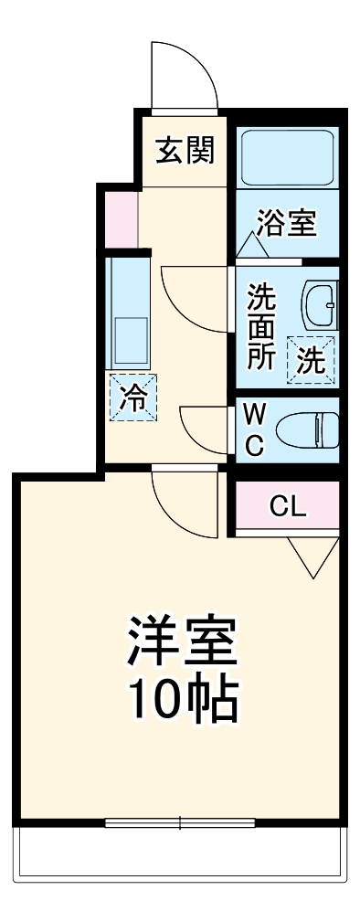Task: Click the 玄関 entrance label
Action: (184, 151)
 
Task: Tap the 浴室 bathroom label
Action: (286, 224)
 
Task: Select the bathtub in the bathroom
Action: (287, 156)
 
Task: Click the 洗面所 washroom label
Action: (261, 327)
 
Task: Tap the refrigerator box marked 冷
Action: (133, 398)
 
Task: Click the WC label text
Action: (256, 430)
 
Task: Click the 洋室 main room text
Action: (182, 644)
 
